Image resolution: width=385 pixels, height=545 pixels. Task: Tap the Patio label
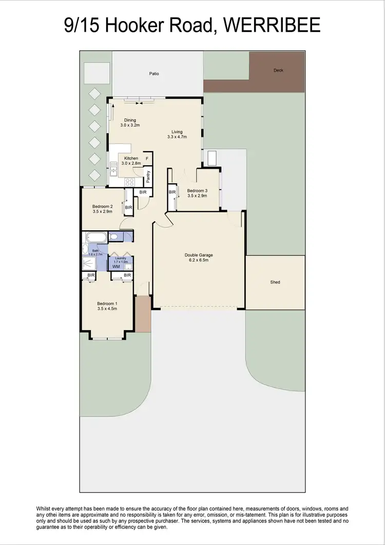(x=154, y=74)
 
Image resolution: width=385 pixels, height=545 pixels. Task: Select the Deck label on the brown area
(x=278, y=70)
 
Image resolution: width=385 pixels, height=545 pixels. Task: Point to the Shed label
(x=276, y=282)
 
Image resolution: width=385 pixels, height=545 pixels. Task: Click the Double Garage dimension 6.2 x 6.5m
(x=199, y=260)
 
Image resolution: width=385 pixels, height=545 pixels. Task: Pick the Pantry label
(x=148, y=177)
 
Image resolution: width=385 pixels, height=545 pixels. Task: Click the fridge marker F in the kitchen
(x=147, y=158)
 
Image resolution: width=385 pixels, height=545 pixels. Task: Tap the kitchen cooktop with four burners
(x=130, y=181)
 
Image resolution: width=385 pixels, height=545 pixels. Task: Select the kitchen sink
(x=113, y=167)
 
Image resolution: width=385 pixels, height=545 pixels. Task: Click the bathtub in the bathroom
(x=96, y=238)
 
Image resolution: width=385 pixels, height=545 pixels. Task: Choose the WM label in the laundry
(x=116, y=267)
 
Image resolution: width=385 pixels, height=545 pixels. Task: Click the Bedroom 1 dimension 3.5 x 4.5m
(x=107, y=309)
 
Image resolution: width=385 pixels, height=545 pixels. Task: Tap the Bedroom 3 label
(x=197, y=190)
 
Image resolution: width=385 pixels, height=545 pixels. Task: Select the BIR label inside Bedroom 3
(x=172, y=192)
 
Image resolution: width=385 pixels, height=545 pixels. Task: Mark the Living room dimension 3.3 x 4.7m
(x=177, y=137)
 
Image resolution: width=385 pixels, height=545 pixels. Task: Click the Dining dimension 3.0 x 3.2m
(x=130, y=125)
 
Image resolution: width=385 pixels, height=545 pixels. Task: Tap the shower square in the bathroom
(x=88, y=264)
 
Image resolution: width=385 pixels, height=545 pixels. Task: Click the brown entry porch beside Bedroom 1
(x=143, y=314)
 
